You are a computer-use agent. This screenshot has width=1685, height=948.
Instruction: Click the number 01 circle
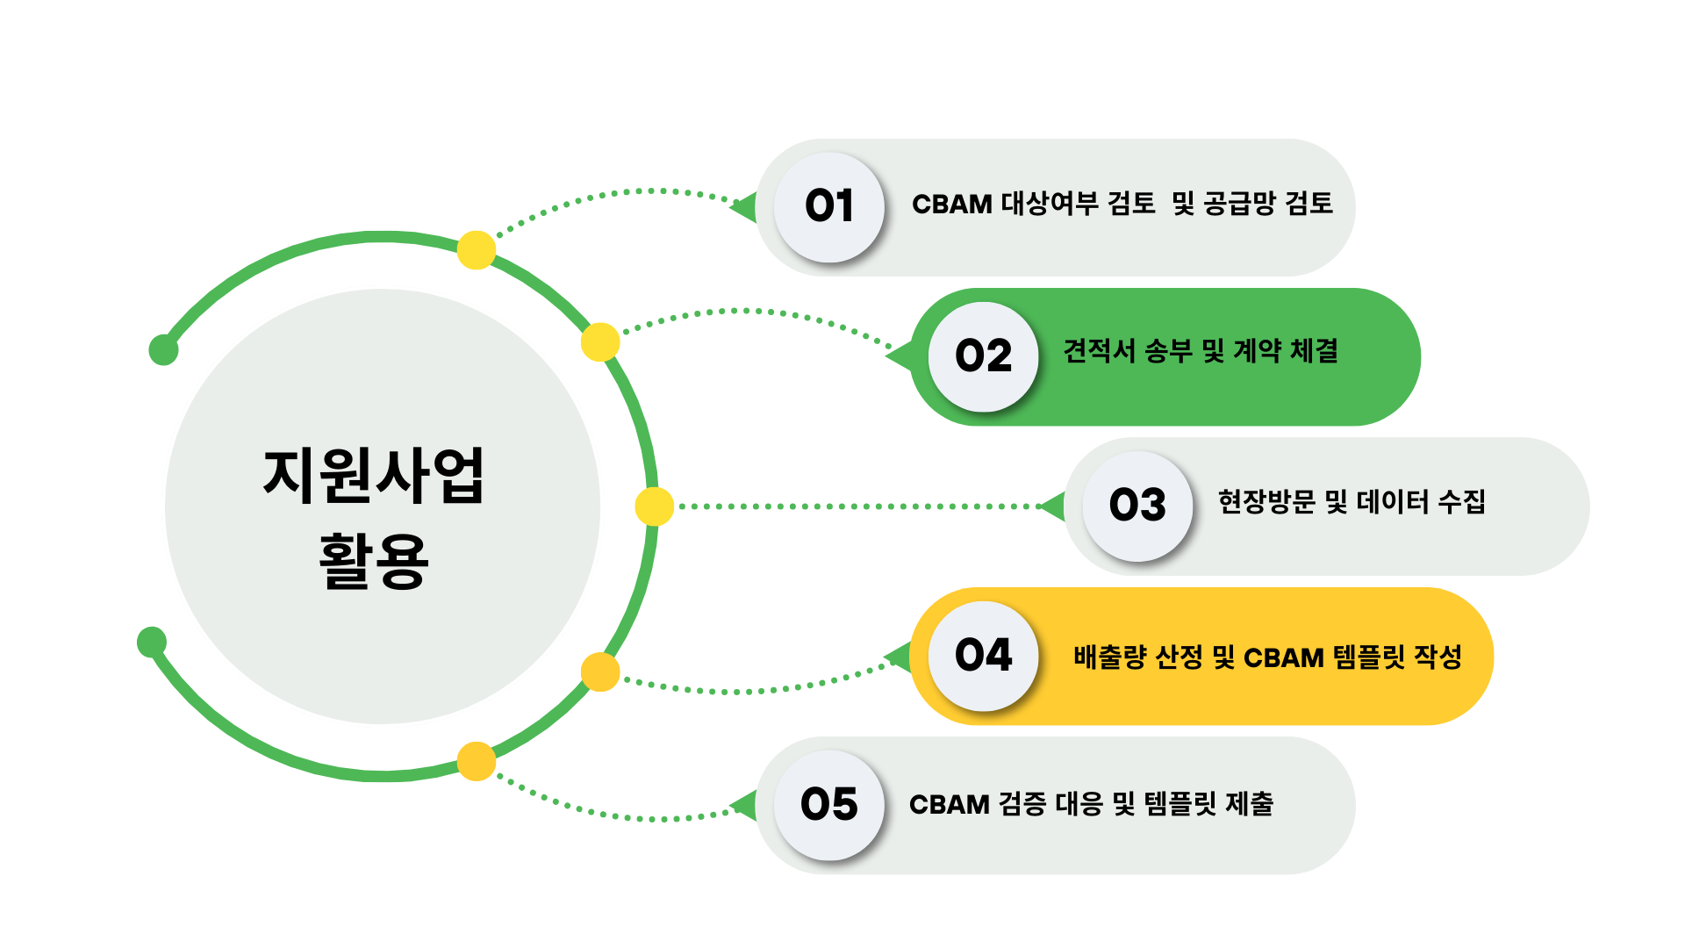tap(829, 207)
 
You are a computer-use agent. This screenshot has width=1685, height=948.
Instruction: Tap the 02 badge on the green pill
tap(984, 357)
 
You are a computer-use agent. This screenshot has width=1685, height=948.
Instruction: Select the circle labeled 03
tap(1138, 506)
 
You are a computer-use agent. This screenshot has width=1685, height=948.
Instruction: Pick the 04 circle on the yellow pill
tap(984, 656)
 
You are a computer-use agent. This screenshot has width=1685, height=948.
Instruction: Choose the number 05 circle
tap(829, 805)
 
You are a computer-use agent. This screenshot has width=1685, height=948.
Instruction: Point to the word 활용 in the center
tap(374, 560)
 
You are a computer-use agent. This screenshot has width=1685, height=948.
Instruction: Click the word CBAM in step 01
tap(952, 205)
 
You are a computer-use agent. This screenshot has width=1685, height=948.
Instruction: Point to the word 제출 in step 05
tap(1250, 803)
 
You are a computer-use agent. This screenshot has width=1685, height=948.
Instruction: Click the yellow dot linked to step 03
tap(654, 506)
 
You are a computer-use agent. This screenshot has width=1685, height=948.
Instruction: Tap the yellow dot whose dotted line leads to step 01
tap(477, 250)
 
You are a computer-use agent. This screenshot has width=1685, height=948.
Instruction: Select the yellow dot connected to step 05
tap(477, 761)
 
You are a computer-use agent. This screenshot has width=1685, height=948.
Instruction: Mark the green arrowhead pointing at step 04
tap(900, 657)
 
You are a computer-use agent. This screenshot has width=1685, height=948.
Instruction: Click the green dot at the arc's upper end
tap(163, 349)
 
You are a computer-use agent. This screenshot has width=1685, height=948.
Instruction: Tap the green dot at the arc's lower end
tap(152, 642)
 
